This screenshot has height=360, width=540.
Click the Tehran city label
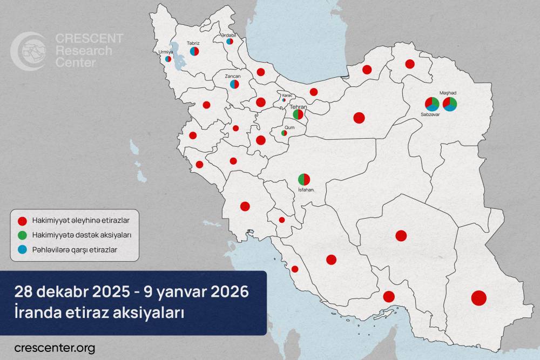tap(298, 107)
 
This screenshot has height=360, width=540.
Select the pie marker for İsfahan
tap(304, 179)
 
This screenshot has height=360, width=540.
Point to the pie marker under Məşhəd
tap(449, 104)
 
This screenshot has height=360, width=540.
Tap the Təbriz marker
tap(195, 51)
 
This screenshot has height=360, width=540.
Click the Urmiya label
tap(165, 52)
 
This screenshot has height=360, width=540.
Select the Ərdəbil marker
tap(230, 41)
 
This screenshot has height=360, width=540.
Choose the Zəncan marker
tap(234, 84)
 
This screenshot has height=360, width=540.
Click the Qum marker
tap(284, 133)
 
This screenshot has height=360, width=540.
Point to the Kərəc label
tap(287, 94)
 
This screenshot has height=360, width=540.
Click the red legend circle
tap(22, 221)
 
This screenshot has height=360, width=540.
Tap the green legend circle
tap(22, 235)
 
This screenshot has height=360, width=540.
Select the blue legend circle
tap(22, 249)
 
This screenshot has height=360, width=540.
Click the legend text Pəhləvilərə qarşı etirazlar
tap(74, 249)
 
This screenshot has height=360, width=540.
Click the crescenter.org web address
tap(55, 348)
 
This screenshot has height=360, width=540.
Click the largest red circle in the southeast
tap(478, 298)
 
